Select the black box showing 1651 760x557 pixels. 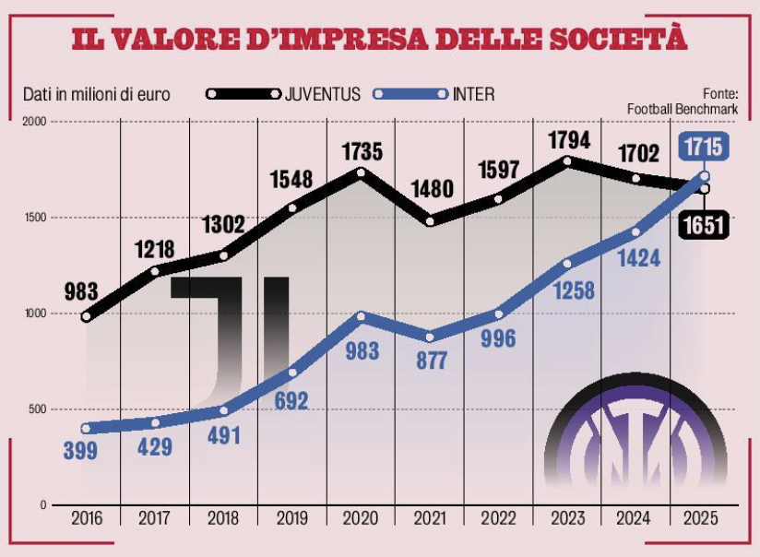[x=703, y=224]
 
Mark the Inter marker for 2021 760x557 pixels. [x=430, y=337]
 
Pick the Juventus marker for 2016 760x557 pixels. [x=87, y=316]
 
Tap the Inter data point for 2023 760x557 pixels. [x=567, y=263]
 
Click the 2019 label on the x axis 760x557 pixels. [x=292, y=518]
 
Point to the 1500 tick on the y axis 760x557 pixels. [x=36, y=218]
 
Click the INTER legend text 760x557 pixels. [x=473, y=94]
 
